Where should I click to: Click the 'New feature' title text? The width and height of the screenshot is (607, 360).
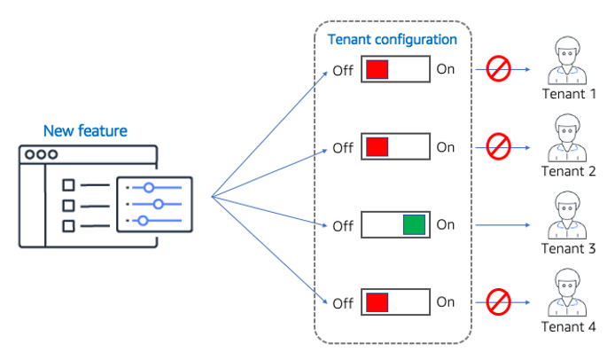tap(85, 131)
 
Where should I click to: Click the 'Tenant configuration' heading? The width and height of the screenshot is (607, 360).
tap(393, 40)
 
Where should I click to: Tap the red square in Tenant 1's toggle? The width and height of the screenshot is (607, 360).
tap(377, 69)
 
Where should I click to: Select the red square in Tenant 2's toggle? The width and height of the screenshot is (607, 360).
tap(377, 146)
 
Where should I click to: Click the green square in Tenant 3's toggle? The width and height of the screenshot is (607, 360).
tap(413, 224)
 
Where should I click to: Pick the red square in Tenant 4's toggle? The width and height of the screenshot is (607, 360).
tap(377, 302)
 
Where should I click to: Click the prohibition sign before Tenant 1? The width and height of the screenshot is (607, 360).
tap(499, 69)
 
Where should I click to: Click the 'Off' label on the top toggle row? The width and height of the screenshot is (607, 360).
tap(343, 70)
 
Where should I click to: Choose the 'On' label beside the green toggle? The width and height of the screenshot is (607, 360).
tap(445, 224)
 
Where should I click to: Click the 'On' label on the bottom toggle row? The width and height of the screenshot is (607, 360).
tap(445, 302)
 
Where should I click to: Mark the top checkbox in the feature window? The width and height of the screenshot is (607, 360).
tap(68, 185)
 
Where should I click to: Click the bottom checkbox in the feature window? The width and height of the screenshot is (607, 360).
tap(68, 225)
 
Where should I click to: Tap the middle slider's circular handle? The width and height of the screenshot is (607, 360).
tap(159, 204)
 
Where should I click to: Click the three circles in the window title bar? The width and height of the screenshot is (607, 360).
tap(42, 154)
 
